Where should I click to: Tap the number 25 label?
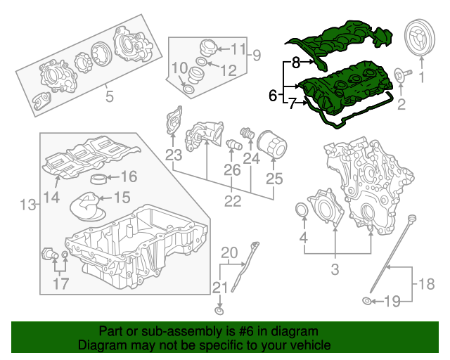[x=274, y=179]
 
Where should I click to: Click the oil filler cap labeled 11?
[x=207, y=49]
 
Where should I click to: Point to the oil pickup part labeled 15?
[x=89, y=207]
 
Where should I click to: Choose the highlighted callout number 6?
[x=273, y=95]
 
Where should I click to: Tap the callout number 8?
[x=296, y=62]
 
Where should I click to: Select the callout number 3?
[x=335, y=269]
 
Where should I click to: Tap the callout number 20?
[x=230, y=253]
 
